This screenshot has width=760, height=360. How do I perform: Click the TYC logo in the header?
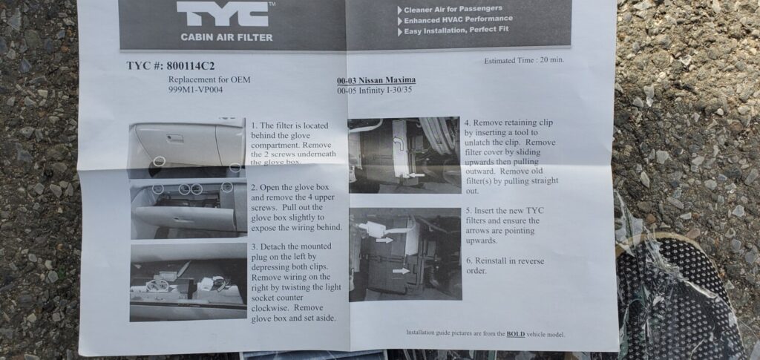(223, 15)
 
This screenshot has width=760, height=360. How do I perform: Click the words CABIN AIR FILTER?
(226, 37)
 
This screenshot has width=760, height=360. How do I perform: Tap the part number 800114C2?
(191, 66)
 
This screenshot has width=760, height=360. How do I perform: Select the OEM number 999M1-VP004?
(196, 90)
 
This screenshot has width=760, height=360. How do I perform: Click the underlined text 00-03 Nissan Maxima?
(376, 80)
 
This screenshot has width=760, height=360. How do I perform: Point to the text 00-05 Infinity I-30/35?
(375, 90)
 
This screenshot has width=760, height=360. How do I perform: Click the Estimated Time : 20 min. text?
(524, 61)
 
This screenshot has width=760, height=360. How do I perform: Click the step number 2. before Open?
(255, 188)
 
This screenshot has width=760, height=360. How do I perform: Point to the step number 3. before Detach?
(255, 246)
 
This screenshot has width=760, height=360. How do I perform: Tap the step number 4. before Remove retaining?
(468, 123)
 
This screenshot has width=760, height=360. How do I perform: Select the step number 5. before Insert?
(469, 211)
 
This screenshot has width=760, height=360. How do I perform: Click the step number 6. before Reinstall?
(470, 261)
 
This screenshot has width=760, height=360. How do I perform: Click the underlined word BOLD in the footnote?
(516, 334)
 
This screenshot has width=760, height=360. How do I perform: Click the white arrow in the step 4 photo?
(416, 175)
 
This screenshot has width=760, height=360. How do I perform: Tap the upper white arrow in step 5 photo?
(384, 240)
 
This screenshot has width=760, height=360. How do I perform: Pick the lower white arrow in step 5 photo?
(401, 271)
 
